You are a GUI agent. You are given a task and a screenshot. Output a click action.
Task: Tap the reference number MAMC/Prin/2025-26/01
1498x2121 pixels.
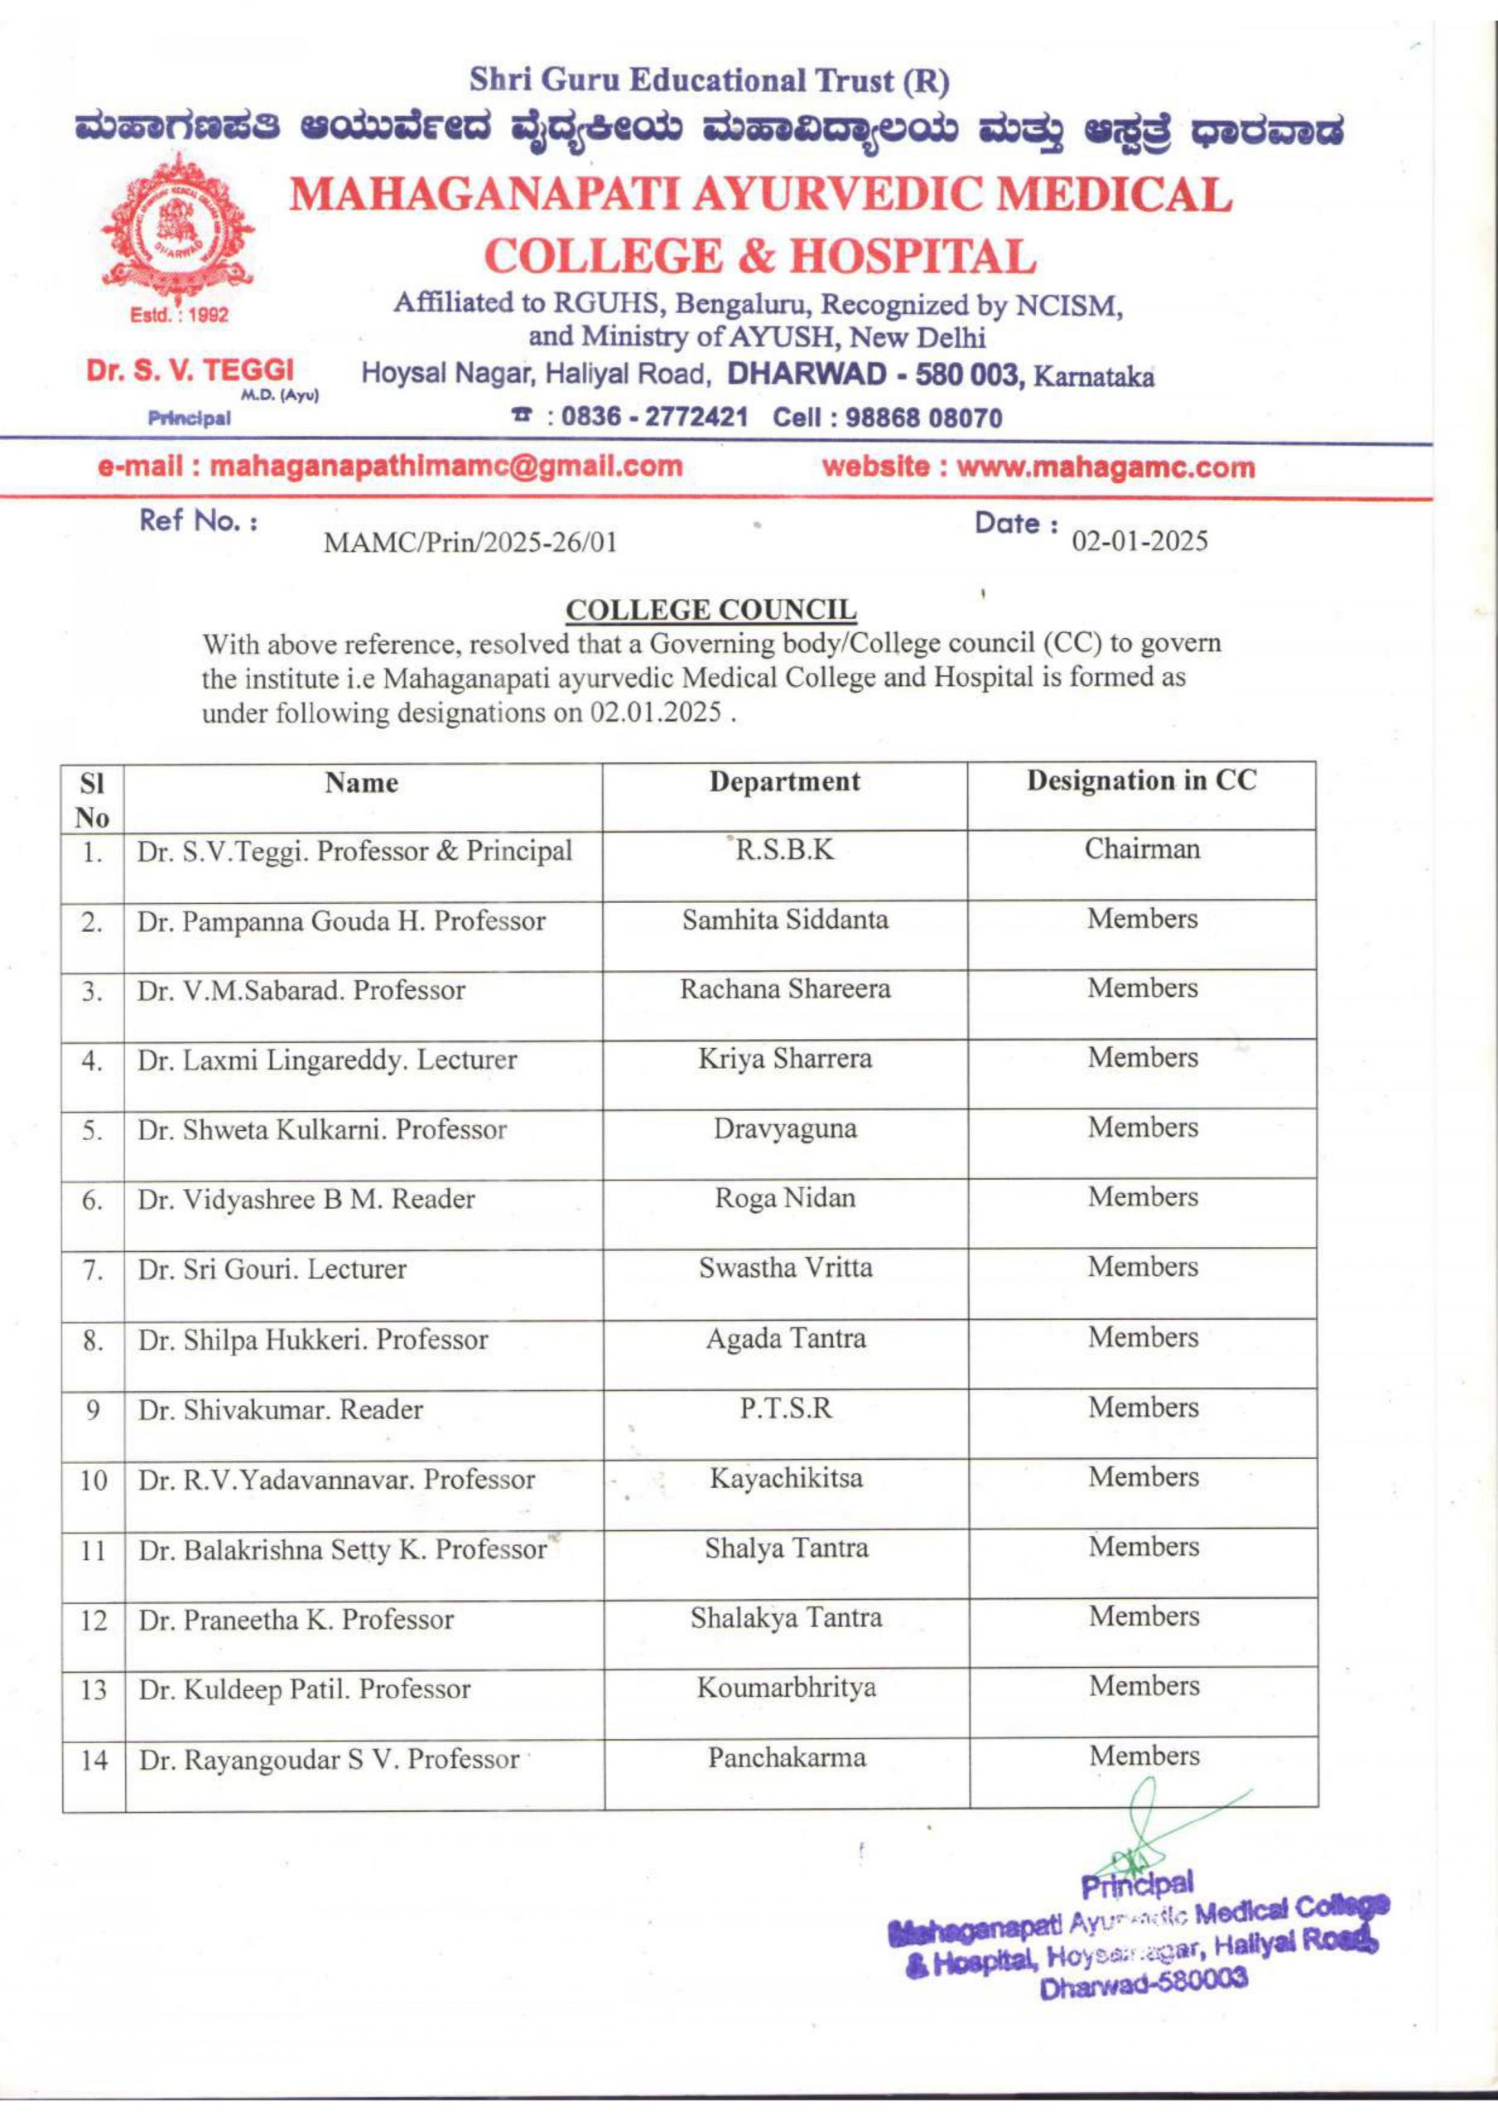(470, 542)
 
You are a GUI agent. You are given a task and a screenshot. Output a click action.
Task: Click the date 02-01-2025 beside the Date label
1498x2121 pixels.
(1139, 540)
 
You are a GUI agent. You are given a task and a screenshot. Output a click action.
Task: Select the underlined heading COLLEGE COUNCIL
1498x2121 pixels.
(710, 611)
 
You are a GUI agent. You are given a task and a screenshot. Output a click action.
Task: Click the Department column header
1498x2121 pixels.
(784, 781)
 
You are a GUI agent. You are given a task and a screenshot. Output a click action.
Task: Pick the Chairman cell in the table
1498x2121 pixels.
(1141, 849)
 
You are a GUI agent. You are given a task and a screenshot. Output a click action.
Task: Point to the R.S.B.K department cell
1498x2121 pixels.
(784, 850)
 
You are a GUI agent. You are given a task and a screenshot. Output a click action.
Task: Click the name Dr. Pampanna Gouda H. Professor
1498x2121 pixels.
(342, 921)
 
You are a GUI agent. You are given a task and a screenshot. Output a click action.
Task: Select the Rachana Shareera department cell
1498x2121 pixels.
(785, 989)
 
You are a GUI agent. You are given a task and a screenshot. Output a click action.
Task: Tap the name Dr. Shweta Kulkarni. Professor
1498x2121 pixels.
(322, 1130)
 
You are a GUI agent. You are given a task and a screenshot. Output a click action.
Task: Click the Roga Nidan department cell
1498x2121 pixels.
(785, 1198)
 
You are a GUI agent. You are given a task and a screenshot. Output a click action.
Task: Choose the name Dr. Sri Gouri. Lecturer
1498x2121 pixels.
(272, 1269)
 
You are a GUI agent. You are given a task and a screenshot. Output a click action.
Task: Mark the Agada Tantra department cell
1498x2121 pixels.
(786, 1339)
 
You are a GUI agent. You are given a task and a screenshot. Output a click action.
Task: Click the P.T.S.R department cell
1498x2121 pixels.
(786, 1408)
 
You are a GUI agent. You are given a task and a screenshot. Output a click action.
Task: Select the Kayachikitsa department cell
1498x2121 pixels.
(786, 1478)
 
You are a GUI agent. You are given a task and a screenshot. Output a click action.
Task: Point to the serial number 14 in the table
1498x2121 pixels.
(94, 1761)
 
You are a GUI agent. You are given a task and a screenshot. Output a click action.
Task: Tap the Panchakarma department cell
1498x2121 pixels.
(787, 1757)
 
